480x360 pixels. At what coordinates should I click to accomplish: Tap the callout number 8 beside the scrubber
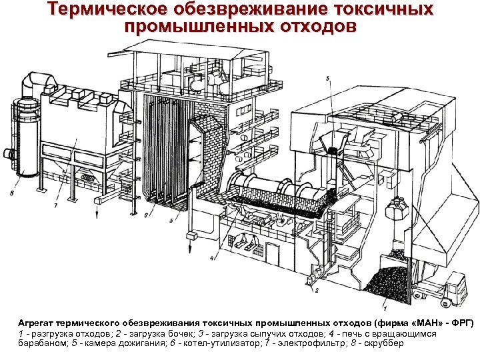(x=12, y=193)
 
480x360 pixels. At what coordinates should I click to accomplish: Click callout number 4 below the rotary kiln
(x=211, y=257)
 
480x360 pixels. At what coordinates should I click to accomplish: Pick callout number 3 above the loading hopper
(x=327, y=79)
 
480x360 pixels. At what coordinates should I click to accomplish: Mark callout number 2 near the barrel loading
(x=317, y=291)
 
